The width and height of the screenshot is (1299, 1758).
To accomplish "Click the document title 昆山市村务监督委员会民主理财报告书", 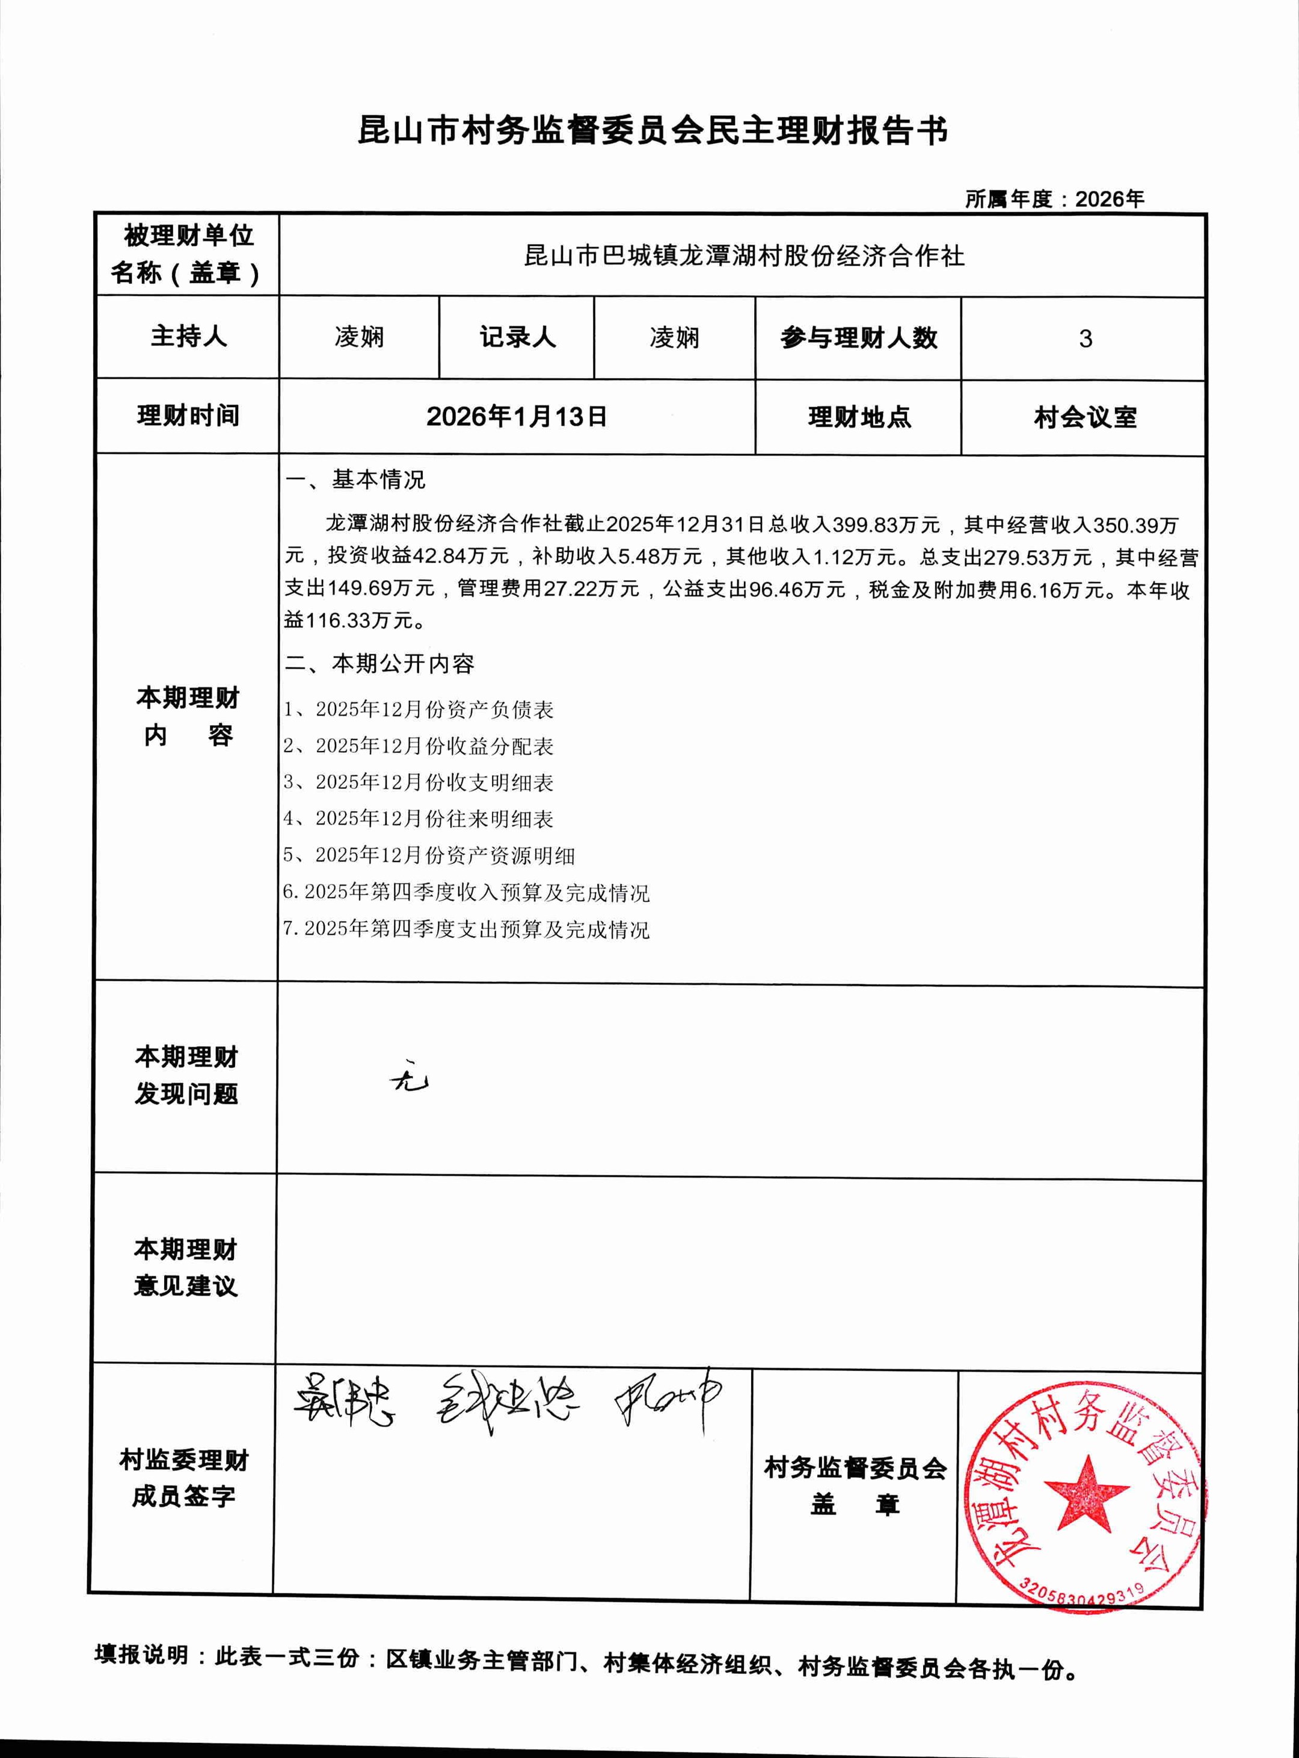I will (652, 131).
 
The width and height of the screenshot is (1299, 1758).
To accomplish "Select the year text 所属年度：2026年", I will (1054, 200).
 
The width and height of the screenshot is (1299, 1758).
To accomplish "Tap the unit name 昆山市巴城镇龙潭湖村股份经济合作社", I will (743, 256).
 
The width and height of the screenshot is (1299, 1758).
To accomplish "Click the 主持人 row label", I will (188, 337).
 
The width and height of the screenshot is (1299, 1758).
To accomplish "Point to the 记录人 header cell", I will (517, 337).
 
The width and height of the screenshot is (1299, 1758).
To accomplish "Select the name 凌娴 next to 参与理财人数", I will (674, 338).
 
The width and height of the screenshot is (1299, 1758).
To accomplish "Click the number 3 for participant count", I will (1084, 339).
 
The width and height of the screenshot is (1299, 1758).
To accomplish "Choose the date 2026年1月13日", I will (517, 417).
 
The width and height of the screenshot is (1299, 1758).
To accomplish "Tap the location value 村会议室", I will (1084, 417).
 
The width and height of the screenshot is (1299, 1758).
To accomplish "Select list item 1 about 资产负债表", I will (419, 709).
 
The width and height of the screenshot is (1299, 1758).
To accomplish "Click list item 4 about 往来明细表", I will (419, 818).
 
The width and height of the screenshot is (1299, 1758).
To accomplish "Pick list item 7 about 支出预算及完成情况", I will (465, 930).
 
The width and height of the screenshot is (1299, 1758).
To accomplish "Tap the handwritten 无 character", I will (409, 1081).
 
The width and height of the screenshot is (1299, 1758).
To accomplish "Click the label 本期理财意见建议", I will (186, 1267).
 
